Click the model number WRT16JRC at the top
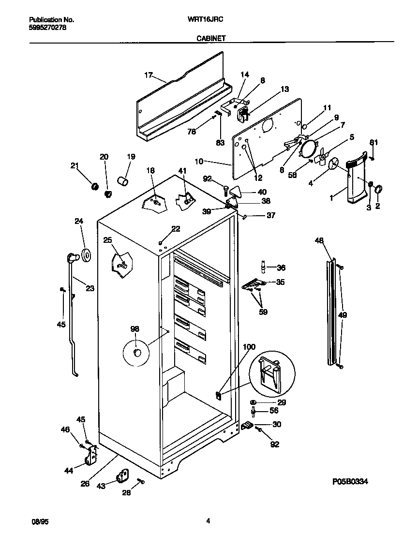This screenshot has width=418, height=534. tap(209, 20)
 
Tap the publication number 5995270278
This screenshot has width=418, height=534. tap(48, 28)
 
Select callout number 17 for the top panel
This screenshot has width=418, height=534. tap(148, 75)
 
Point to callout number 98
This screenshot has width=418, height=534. tap(134, 329)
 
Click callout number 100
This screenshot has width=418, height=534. tap(249, 347)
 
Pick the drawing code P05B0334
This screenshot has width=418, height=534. tap(354, 482)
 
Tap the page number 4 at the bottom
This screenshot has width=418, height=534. tap(208, 521)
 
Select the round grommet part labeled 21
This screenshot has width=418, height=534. tap(95, 186)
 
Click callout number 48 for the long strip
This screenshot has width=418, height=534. tap(319, 240)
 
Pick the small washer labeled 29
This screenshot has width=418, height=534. tap(254, 402)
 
